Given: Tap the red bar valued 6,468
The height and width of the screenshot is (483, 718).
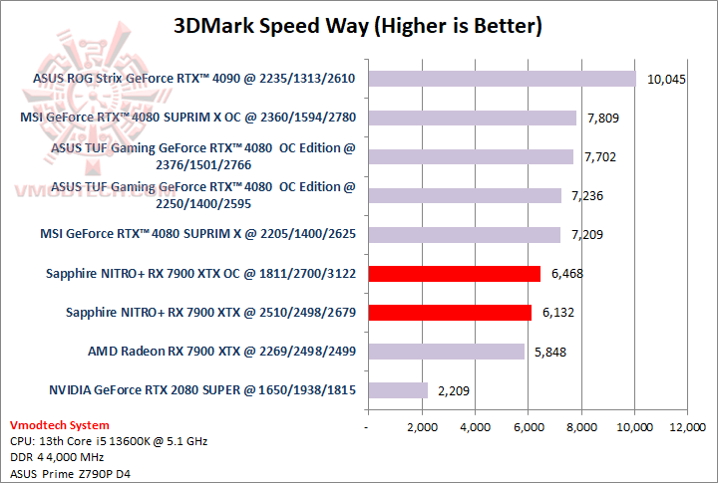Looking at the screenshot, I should tap(454, 273).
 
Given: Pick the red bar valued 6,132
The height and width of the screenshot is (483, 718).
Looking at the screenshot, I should tap(450, 312).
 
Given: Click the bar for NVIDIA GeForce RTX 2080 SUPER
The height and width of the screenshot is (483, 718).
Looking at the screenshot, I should tap(397, 390).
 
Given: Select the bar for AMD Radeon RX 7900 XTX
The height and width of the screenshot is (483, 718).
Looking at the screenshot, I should tap(446, 351).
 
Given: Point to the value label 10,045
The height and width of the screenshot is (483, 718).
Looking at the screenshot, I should tap(666, 80).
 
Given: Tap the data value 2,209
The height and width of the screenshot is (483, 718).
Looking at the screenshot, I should tap(454, 390).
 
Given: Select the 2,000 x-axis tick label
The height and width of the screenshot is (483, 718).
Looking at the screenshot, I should tap(422, 427).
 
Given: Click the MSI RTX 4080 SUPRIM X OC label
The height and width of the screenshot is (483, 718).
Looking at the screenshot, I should tap(188, 118).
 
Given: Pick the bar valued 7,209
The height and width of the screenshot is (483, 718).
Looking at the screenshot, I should tap(464, 234).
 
